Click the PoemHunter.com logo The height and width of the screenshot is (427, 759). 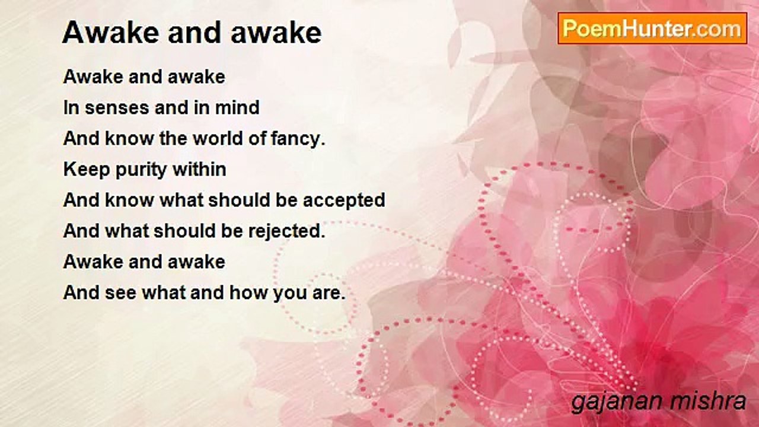652,28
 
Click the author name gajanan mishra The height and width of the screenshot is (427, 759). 658,401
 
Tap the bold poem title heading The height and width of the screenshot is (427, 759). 192,33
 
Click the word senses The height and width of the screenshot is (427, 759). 113,108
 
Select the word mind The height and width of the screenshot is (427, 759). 240,108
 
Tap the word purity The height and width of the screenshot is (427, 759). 140,170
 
